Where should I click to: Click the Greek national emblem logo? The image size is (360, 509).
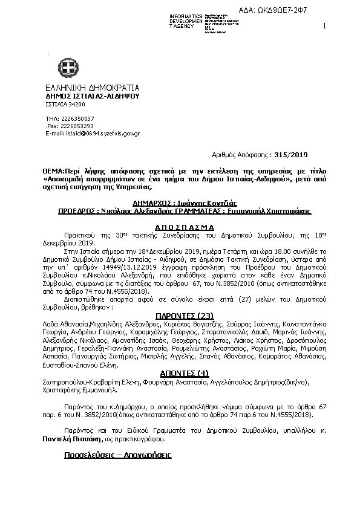click(64, 66)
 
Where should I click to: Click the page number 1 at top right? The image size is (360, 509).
click(325, 25)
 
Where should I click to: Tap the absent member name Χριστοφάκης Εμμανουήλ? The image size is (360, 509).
click(81, 391)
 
